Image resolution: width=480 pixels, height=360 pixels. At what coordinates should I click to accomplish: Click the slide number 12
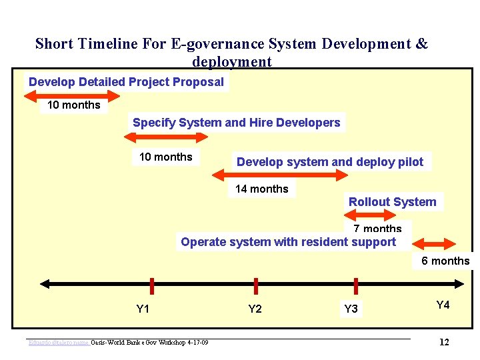click(444, 342)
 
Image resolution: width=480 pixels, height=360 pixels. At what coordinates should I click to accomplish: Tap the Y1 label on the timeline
click(143, 309)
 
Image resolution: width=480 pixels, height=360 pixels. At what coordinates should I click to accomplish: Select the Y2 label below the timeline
click(255, 309)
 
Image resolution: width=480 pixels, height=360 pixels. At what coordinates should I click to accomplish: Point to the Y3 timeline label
click(351, 309)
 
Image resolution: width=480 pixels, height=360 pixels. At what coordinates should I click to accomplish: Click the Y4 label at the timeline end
click(443, 305)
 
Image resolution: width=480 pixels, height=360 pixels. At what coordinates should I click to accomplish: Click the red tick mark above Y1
click(152, 285)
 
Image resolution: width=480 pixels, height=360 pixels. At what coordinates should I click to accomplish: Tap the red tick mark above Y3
click(355, 285)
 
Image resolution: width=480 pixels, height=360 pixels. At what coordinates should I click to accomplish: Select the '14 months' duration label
click(262, 189)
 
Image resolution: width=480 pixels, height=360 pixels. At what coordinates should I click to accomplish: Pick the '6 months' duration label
click(445, 261)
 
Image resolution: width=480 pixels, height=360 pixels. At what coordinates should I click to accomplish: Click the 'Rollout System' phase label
click(392, 202)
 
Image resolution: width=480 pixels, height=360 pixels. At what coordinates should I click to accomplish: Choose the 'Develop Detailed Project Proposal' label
click(126, 82)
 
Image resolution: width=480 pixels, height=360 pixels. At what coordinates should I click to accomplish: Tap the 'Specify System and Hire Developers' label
click(236, 123)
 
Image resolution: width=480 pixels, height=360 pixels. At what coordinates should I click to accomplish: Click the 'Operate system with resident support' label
click(288, 242)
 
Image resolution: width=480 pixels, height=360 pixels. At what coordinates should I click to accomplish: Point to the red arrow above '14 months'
click(279, 175)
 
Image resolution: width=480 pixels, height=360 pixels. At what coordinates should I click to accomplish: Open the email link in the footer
click(59, 343)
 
